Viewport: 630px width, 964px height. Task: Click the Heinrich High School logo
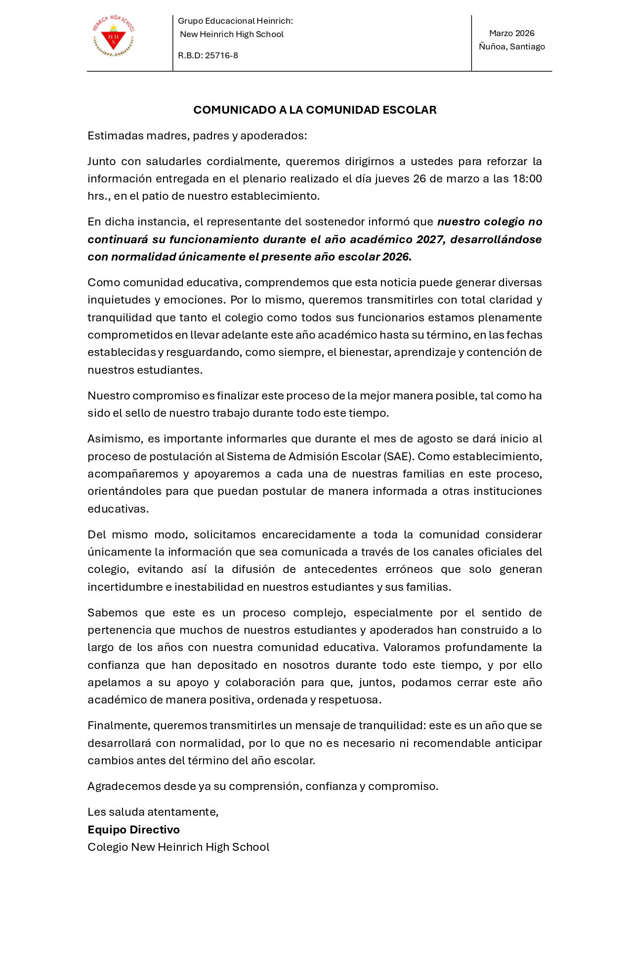114,37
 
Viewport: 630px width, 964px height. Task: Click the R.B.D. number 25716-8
221,55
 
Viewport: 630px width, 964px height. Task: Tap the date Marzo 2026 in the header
511,33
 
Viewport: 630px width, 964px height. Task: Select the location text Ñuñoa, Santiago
511,46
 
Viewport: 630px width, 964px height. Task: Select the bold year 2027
429,239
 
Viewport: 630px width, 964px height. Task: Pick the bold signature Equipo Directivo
133,830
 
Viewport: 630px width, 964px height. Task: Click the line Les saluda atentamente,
153,812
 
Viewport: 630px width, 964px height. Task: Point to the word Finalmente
118,725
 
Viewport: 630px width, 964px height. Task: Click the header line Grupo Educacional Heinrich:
235,21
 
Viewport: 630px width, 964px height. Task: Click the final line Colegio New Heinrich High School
178,847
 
